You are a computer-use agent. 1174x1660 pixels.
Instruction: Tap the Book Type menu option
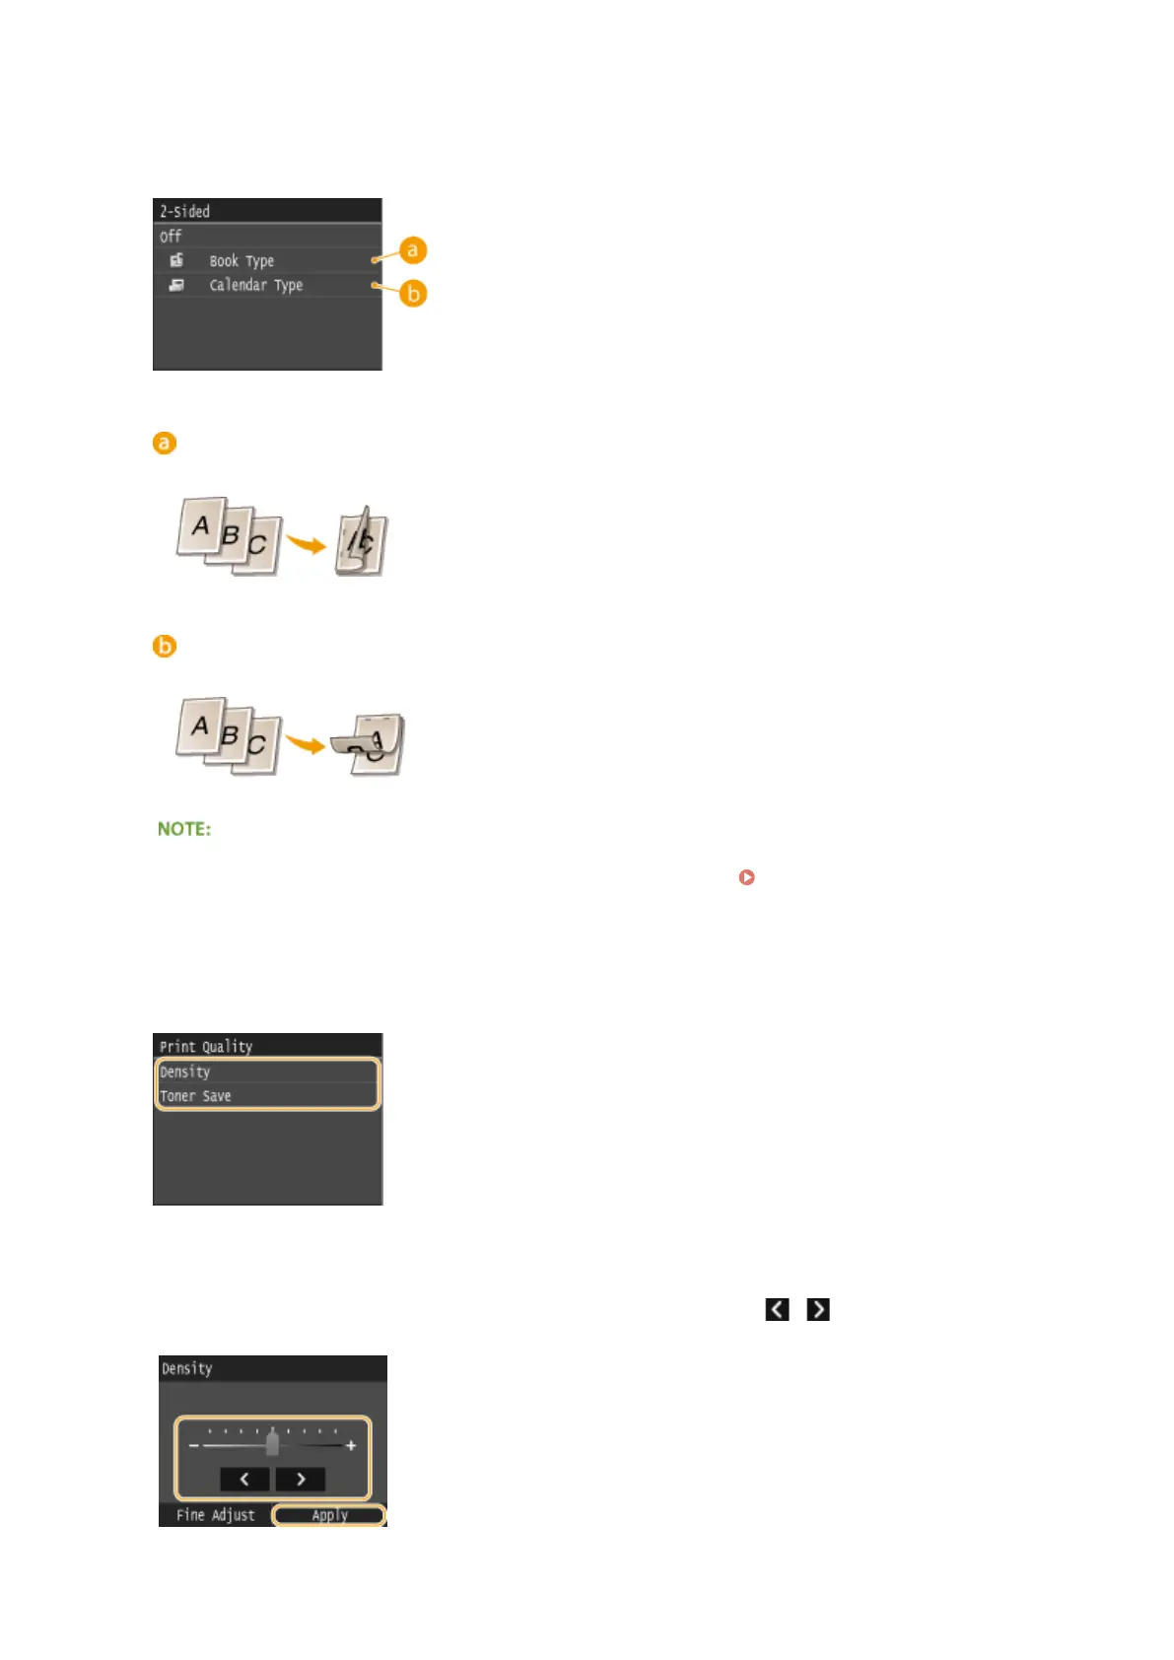(242, 261)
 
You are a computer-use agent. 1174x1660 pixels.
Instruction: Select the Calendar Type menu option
(255, 286)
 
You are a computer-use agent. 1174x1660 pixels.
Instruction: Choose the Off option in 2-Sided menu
(172, 237)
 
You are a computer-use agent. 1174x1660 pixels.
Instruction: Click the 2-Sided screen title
(185, 211)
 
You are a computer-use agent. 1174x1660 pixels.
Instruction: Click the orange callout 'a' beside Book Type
(412, 250)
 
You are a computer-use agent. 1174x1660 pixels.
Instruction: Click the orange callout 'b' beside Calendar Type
(413, 294)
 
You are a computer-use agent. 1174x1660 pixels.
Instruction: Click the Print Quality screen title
(206, 1047)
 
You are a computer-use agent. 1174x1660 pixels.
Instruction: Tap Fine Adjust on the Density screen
(215, 1515)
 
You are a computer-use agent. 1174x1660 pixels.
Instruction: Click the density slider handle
(272, 1443)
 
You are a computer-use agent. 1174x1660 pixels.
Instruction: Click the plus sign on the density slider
(351, 1446)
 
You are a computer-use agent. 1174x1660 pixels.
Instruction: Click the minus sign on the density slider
(193, 1446)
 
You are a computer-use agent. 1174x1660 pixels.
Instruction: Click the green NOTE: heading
(184, 829)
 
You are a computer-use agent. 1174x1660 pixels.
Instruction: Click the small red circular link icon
(746, 876)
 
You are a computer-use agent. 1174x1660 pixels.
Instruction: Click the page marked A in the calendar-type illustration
(200, 726)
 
